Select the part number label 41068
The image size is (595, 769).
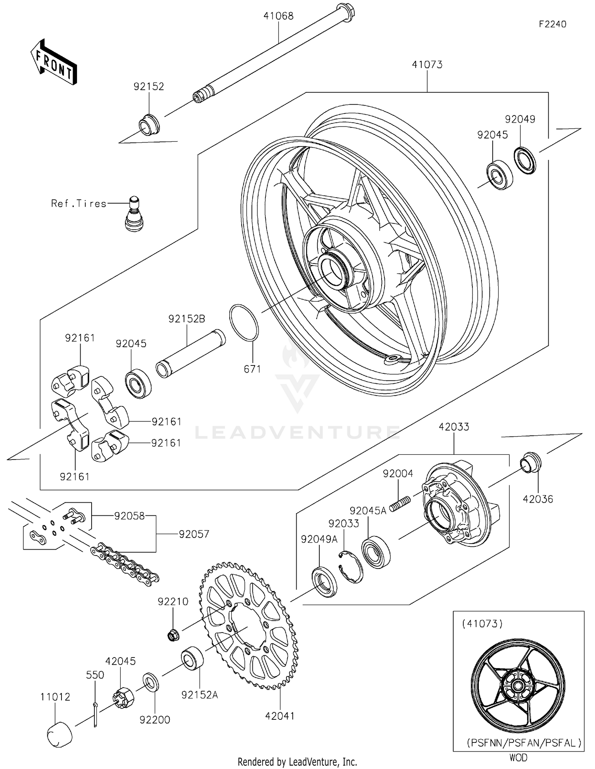coord(278,16)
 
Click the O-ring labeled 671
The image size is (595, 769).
coord(244,323)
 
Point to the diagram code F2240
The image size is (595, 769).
coord(552,24)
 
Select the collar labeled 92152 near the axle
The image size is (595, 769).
coord(149,125)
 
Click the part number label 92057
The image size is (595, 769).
coord(194,534)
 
